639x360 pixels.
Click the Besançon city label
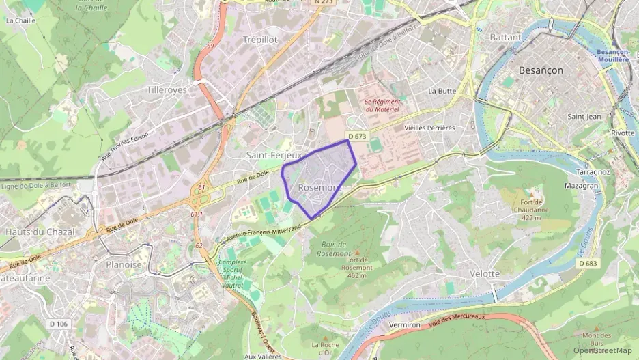(541, 70)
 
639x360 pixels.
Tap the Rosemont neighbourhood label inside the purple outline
(319, 188)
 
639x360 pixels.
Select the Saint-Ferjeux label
(274, 155)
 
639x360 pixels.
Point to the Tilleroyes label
(167, 89)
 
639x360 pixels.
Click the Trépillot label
(260, 40)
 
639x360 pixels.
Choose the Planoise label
(124, 264)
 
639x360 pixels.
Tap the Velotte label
(485, 273)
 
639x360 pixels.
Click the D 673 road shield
(357, 137)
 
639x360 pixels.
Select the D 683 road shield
(588, 263)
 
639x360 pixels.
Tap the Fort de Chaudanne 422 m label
(536, 208)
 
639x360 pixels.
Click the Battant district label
(506, 37)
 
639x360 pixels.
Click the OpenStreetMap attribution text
(602, 350)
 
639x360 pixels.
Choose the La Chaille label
(20, 20)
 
